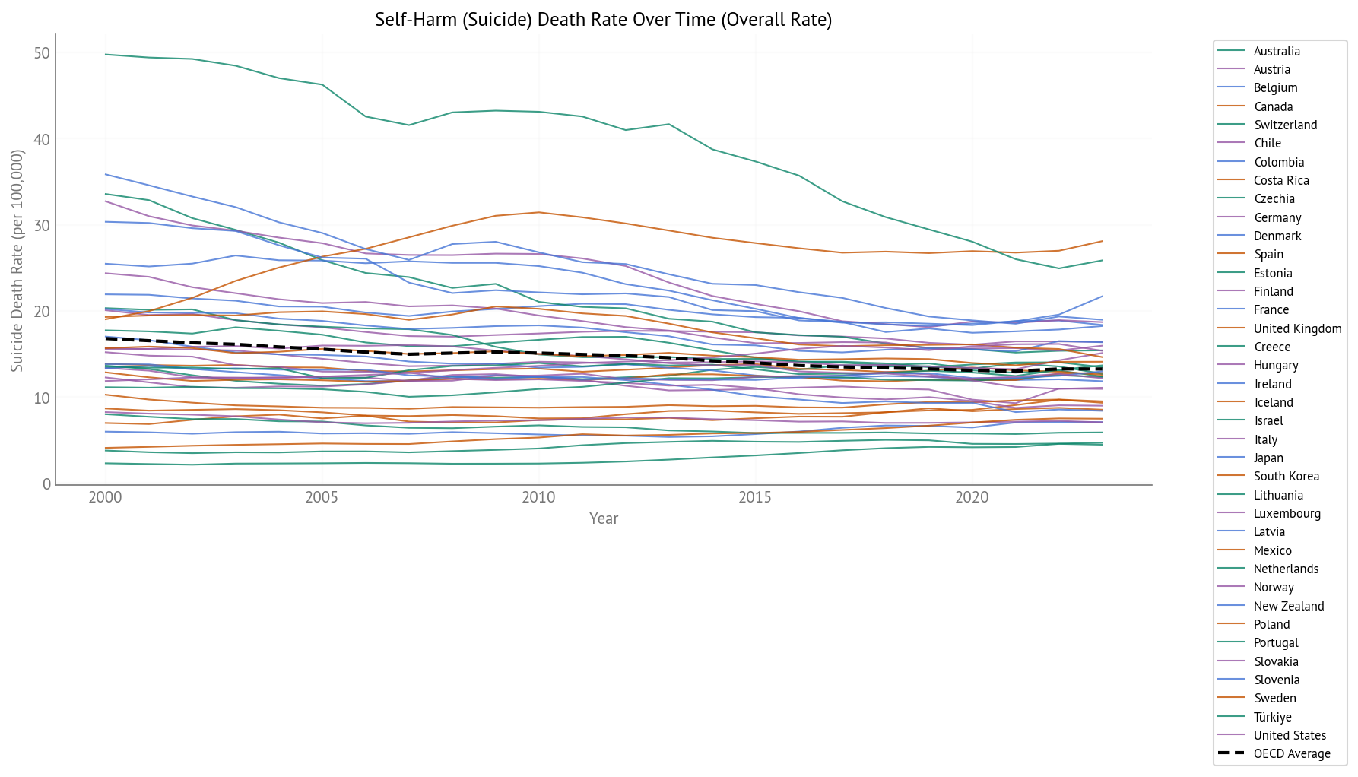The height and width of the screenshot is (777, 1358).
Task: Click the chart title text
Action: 603,20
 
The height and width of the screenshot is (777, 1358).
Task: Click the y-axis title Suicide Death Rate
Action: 17,261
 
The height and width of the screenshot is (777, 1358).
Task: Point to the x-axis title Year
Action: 604,519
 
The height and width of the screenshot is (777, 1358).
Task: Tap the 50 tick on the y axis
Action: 42,53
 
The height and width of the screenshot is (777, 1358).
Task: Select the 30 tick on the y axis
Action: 42,226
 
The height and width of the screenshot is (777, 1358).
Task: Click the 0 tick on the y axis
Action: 46,484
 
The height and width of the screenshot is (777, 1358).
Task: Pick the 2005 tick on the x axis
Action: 322,498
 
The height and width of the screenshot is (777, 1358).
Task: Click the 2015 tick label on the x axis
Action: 755,498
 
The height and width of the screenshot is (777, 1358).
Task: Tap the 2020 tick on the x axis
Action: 972,498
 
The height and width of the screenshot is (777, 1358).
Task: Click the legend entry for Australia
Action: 1277,52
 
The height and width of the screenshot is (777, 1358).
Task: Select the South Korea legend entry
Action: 1286,477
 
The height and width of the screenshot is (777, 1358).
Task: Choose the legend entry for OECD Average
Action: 1292,754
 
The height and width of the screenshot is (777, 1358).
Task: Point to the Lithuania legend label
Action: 1278,495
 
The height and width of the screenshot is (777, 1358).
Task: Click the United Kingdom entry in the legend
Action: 1297,329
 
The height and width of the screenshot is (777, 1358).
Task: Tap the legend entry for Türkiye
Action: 1272,717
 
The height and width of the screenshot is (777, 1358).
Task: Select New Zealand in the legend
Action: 1289,606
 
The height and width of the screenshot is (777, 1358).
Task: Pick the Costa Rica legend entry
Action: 1281,181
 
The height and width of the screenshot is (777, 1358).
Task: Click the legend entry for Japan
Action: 1268,458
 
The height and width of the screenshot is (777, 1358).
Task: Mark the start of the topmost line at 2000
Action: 106,55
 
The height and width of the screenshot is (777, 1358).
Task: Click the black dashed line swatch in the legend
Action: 1231,754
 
